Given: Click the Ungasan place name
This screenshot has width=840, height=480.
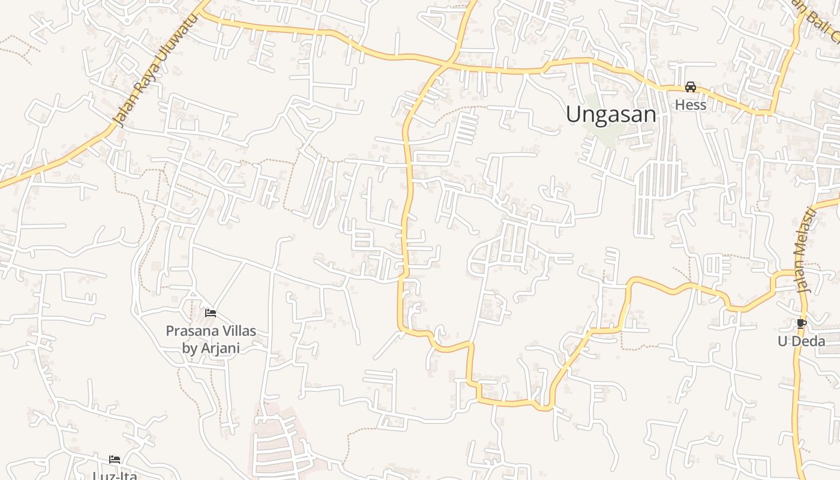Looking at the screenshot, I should click(x=611, y=114).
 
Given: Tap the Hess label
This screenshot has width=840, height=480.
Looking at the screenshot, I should click(x=691, y=104).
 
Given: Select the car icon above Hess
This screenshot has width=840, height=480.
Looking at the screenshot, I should click(x=691, y=87).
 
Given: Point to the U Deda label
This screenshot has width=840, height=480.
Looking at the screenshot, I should click(x=801, y=341).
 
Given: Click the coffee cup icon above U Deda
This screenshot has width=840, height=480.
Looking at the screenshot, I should click(x=801, y=324).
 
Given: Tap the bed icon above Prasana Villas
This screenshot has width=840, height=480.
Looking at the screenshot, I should click(x=211, y=313).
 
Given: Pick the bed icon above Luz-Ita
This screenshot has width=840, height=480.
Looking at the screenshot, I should click(x=115, y=460).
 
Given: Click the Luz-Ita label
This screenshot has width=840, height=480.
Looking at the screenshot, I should click(x=115, y=476).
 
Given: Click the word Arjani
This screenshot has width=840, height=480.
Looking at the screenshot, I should click(x=220, y=347).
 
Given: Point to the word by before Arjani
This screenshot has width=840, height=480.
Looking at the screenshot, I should click(x=190, y=348).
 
